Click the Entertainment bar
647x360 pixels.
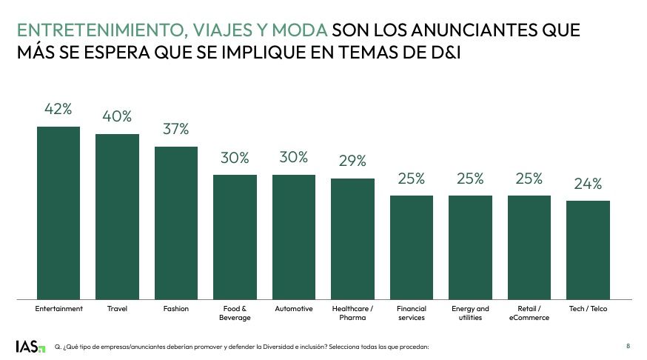coord(58,213)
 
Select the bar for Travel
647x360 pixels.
coord(117,217)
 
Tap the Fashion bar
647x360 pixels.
coord(176,223)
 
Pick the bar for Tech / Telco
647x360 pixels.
coord(588,250)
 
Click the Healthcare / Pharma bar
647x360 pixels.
coord(352,239)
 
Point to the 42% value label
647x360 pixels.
coord(58,110)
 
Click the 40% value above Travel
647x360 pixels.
coord(117,116)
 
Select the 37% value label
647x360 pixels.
coord(176,130)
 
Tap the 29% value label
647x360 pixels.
coord(352,161)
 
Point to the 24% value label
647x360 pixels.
coord(588,184)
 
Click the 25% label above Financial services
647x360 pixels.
coord(411,179)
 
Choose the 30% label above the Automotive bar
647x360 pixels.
coord(294,158)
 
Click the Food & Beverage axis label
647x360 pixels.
coord(235,313)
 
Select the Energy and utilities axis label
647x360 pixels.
coord(470,313)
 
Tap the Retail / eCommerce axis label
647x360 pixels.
coord(529,313)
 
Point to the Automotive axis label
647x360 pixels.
coord(294,308)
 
